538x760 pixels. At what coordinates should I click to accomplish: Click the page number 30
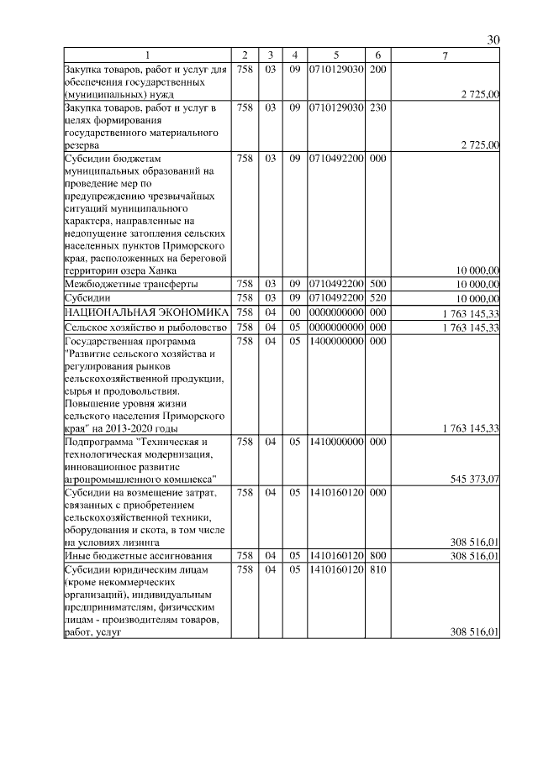coord(493,39)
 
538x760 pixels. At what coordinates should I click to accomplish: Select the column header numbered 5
coord(335,55)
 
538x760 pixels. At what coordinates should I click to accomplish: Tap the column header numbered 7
coord(446,55)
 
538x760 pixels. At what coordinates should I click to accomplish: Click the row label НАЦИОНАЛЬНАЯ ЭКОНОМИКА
coord(146,312)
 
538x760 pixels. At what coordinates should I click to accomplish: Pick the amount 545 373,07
coord(475,479)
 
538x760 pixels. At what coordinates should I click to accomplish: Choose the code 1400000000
coord(335,341)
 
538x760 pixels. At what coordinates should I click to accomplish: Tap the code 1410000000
coord(335,441)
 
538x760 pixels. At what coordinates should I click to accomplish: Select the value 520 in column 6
coord(377,298)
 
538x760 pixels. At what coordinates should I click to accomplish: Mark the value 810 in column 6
coord(377,569)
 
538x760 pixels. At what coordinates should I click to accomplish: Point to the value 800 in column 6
coord(377,555)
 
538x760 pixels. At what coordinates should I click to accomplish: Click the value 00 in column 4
coord(294,312)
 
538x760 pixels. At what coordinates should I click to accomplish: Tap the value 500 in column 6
coord(377,284)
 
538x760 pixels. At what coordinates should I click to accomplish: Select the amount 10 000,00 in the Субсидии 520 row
coord(477,298)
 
